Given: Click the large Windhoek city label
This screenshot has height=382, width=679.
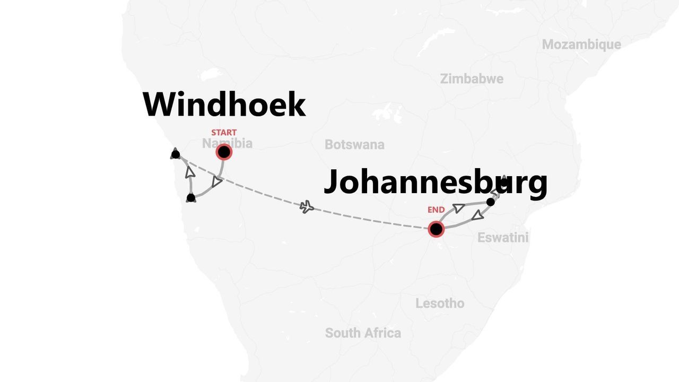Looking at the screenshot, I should (x=224, y=105).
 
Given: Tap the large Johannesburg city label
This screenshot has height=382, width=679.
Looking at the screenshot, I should (x=435, y=182).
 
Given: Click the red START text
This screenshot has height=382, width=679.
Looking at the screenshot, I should (x=224, y=132).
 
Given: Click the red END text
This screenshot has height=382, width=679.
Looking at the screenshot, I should (x=436, y=210).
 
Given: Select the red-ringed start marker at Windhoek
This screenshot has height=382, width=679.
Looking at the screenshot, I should (x=224, y=152).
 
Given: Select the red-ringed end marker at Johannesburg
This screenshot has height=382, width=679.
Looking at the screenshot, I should (x=436, y=229).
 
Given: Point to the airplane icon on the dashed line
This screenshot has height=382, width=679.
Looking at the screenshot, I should (x=307, y=207).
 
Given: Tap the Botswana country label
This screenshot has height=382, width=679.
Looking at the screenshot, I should (x=354, y=144).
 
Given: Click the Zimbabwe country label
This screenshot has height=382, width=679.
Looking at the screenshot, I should (x=472, y=79).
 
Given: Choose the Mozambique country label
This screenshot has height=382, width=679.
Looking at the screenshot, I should (x=581, y=45).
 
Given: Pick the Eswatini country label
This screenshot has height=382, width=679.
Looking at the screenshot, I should (x=503, y=238).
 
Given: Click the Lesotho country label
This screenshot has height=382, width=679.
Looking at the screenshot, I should (x=439, y=303).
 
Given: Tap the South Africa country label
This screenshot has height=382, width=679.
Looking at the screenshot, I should (x=363, y=333).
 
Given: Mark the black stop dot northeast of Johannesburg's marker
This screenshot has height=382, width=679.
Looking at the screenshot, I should (x=491, y=202).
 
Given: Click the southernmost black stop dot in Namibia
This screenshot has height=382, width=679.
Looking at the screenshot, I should (x=191, y=198).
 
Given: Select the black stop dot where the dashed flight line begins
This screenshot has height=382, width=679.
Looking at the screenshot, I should (x=176, y=154).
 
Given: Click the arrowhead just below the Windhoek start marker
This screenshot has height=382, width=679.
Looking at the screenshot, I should (x=216, y=181).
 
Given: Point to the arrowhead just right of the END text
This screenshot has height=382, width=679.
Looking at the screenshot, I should (x=458, y=208).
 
